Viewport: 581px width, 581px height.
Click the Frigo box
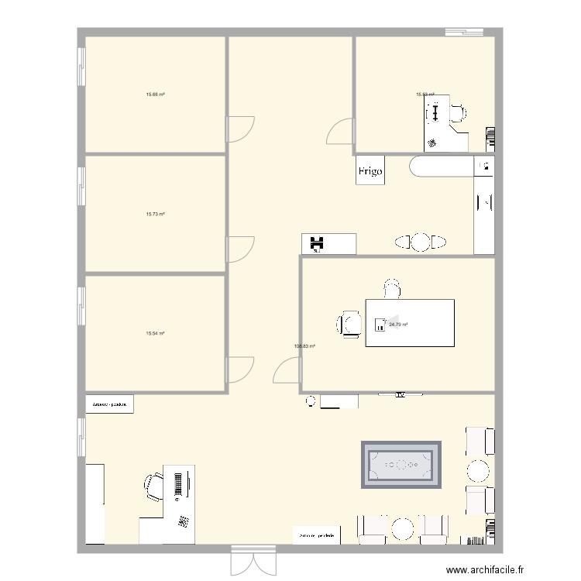pos(370,172)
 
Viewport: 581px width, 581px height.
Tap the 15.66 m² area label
pos(155,95)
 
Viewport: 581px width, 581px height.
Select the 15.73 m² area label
pos(155,215)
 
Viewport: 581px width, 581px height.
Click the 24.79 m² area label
pos(398,325)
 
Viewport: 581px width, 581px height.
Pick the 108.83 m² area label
pos(304,346)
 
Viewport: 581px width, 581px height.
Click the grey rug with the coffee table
pos(401,465)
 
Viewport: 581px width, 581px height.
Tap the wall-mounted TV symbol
pos(401,395)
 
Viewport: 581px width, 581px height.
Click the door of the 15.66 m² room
pos(240,129)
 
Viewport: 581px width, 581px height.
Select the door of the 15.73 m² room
pos(240,249)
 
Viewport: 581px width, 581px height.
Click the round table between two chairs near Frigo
pos(420,242)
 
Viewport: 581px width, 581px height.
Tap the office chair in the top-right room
pos(457,113)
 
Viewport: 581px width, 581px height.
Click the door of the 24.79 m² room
pos(287,370)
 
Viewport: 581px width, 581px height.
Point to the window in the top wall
pos(466,32)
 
